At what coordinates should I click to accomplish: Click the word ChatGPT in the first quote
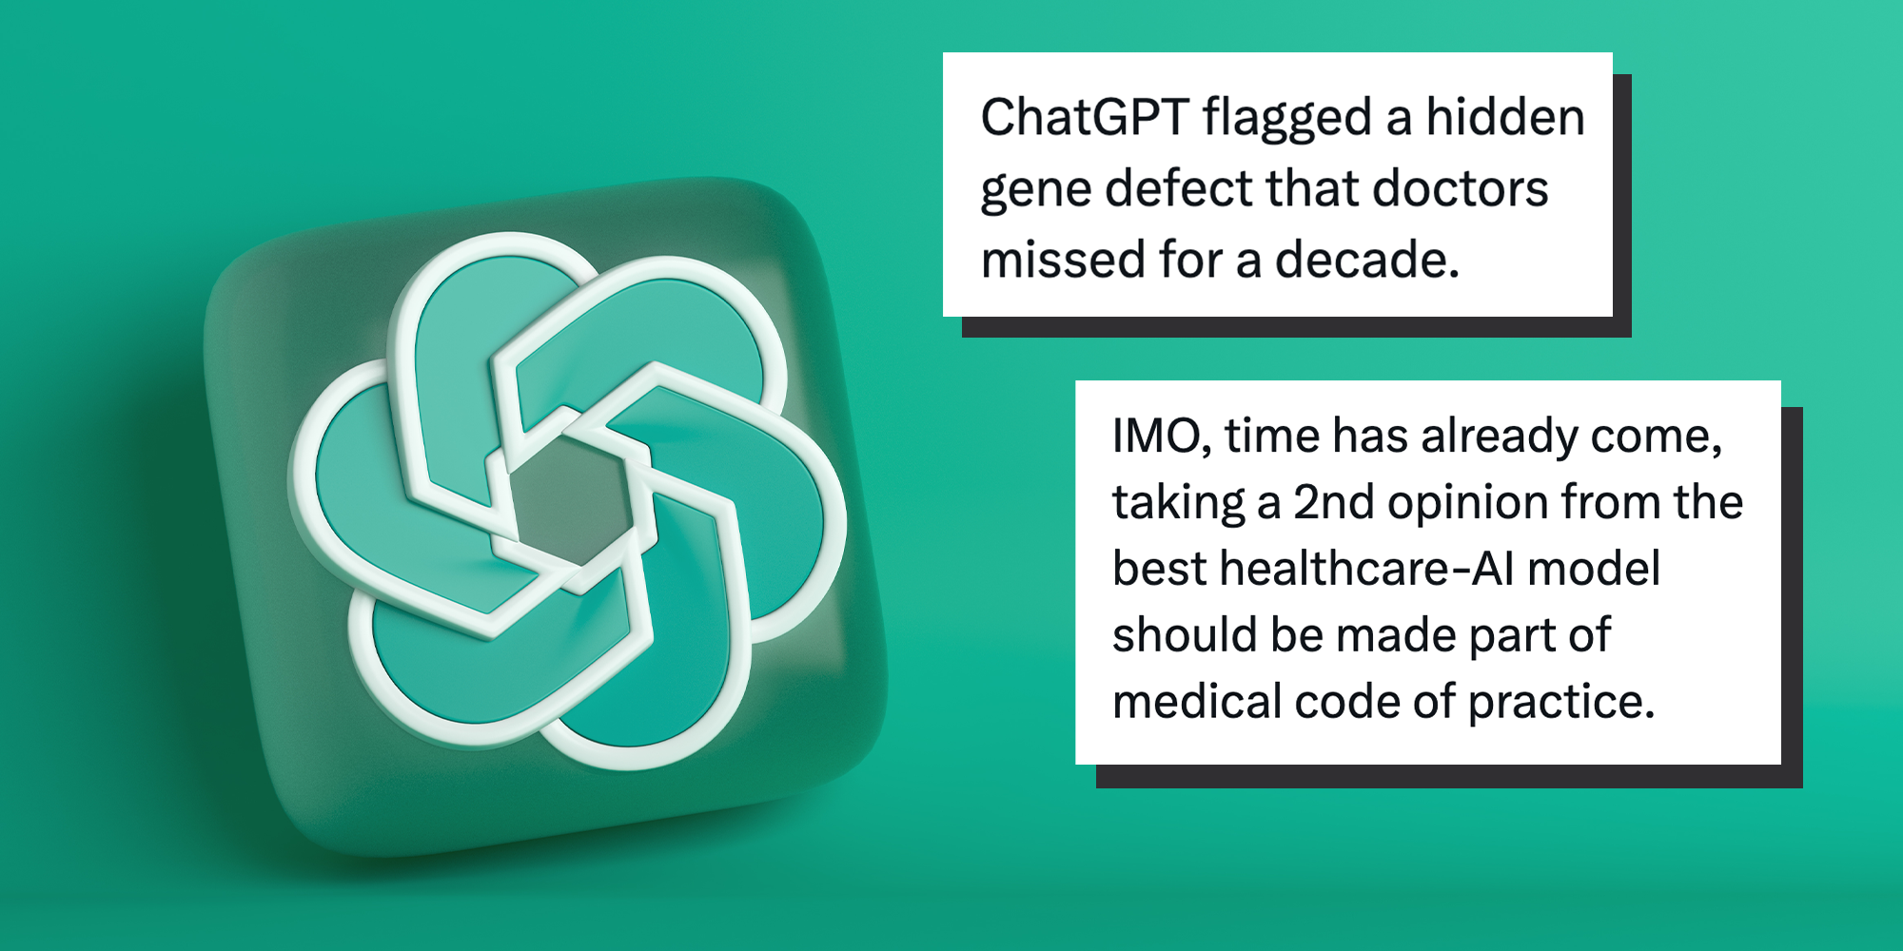1084,118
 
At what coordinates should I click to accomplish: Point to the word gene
1035,190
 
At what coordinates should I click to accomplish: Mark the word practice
1560,702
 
